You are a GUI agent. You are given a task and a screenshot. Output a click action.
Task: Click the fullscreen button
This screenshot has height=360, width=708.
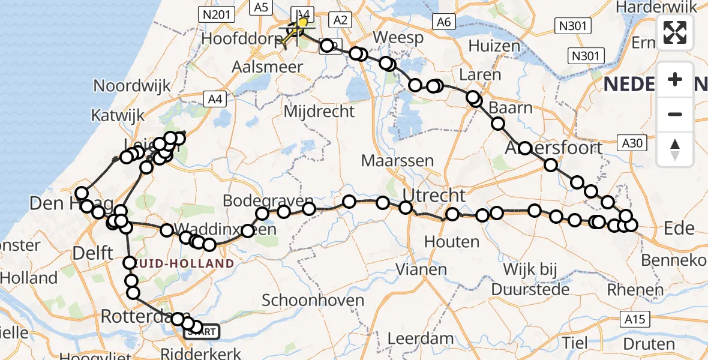click(x=675, y=32)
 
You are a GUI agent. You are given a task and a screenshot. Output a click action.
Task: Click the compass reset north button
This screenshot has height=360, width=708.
click(x=675, y=149)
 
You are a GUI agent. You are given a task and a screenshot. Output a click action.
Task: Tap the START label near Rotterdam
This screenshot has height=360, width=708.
click(x=202, y=331)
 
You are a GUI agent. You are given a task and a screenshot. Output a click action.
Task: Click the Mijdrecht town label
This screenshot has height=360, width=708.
click(x=319, y=111)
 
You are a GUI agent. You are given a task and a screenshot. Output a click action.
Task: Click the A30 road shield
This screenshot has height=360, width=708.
click(x=632, y=143)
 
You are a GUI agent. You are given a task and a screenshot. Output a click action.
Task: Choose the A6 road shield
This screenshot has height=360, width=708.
click(x=443, y=22)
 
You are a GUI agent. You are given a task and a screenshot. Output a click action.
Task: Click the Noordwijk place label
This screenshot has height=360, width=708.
click(x=132, y=86)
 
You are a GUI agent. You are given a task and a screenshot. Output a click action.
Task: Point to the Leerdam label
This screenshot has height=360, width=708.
click(x=421, y=338)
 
